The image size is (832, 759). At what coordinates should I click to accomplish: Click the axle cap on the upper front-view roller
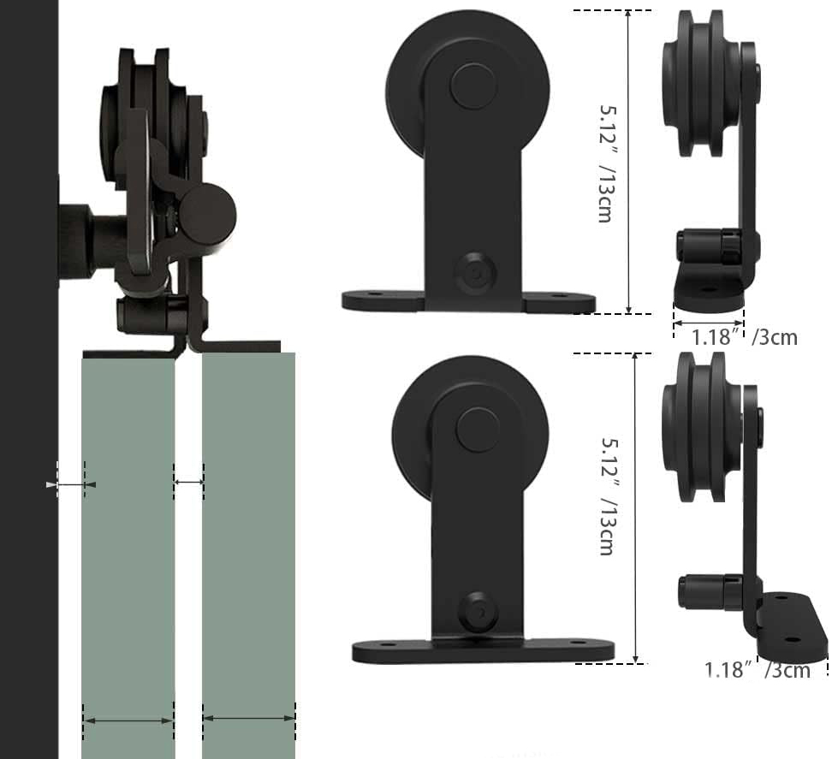[x=474, y=86]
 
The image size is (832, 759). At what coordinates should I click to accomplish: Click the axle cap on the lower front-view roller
[x=478, y=430]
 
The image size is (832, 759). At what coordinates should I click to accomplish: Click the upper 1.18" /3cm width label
[x=745, y=337]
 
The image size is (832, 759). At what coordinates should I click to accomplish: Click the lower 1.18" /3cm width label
[x=758, y=670]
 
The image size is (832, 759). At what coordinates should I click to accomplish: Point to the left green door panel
[x=128, y=557]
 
